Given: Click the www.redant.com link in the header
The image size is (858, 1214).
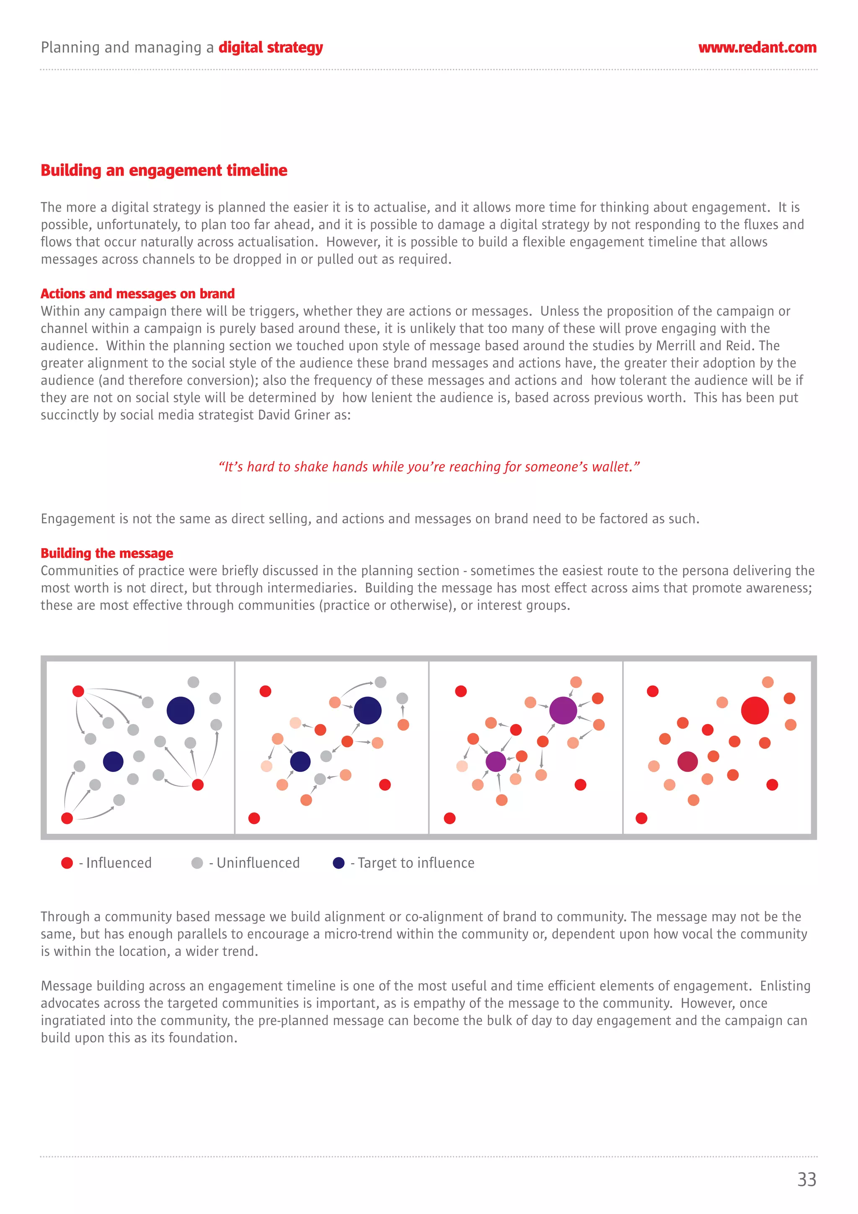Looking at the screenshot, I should (757, 48).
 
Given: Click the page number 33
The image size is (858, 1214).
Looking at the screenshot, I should (806, 1179).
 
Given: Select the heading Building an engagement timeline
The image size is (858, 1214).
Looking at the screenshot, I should (164, 170).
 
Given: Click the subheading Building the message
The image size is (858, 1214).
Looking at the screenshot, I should (107, 553).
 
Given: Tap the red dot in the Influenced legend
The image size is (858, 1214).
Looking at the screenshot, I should (67, 863).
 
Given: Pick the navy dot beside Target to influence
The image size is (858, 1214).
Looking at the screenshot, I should (339, 863).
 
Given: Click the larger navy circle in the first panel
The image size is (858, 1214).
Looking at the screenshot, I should (180, 710).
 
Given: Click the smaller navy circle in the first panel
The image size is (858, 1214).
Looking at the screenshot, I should (113, 761).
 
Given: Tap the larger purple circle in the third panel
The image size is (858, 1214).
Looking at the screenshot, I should (563, 710).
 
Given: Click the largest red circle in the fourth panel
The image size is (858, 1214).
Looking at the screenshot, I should (755, 710).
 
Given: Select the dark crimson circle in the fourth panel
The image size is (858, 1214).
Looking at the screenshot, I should (687, 761).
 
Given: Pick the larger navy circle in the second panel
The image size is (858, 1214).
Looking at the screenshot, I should (367, 710).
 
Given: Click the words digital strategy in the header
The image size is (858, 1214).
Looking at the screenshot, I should (271, 48).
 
